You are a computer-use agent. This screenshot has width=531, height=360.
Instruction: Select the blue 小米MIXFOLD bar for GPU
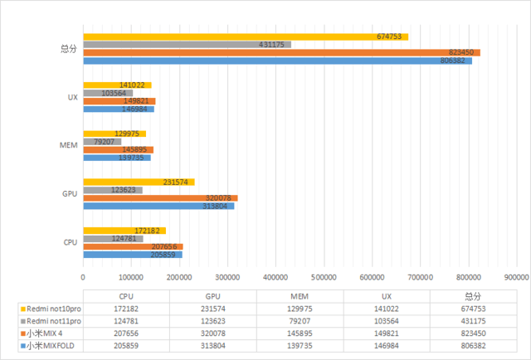158,206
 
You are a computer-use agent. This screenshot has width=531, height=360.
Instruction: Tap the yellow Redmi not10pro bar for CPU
124,230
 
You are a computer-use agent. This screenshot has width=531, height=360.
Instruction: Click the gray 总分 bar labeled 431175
187,44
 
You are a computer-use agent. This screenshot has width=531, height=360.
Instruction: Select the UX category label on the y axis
72,97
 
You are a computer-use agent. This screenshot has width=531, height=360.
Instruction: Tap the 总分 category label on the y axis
69,49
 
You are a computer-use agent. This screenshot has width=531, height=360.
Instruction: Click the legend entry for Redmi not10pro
51,307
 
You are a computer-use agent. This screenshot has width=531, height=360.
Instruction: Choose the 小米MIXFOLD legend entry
51,345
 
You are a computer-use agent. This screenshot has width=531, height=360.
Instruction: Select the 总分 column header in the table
473,294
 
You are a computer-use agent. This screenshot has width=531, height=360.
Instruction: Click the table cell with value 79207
300,320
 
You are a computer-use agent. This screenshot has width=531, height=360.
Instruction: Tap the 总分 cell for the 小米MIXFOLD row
473,345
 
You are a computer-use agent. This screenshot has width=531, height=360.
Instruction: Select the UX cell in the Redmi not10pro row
387,307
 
